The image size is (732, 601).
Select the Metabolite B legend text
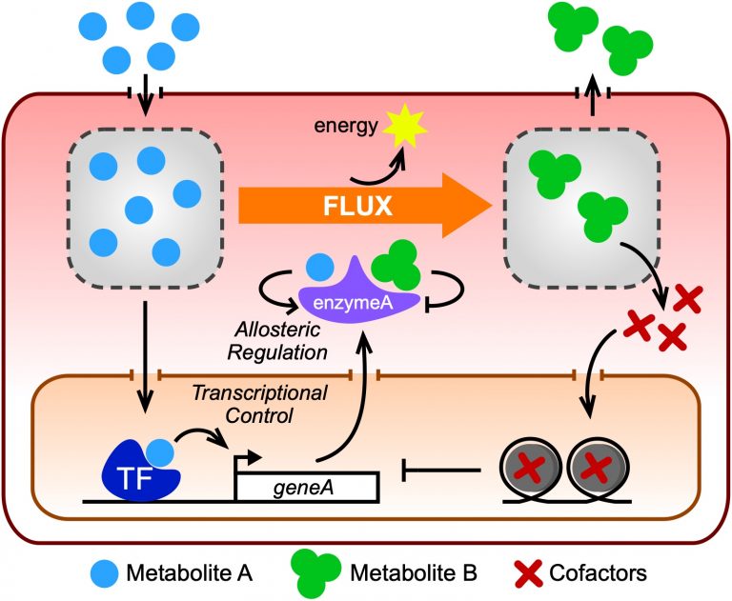click(x=413, y=573)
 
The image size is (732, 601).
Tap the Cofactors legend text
click(x=599, y=573)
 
